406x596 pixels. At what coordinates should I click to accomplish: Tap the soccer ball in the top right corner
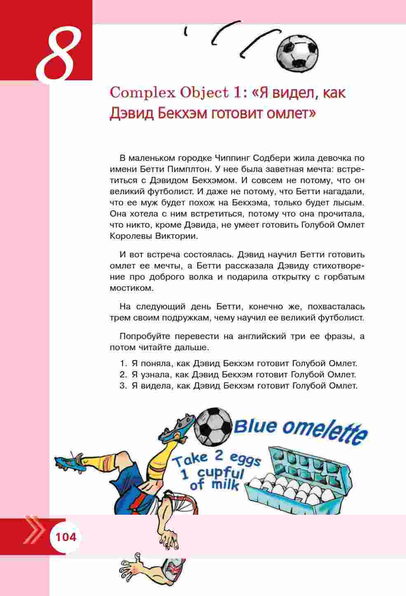[297, 51]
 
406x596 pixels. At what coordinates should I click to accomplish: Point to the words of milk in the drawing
[214, 485]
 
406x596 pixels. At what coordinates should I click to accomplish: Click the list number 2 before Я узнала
[122, 375]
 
